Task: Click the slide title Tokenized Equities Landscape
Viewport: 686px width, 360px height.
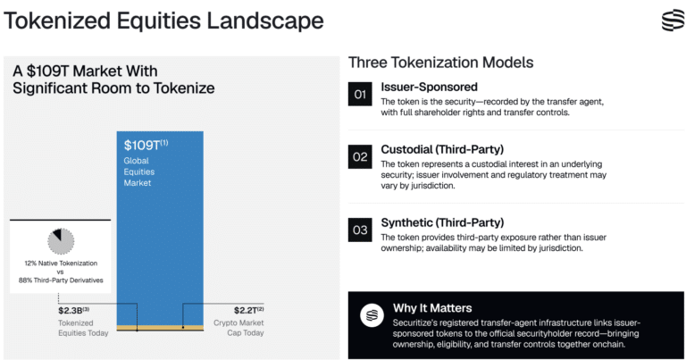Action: (x=163, y=21)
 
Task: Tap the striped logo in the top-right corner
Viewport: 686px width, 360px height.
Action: (x=673, y=21)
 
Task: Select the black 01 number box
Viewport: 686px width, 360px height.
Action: (x=360, y=94)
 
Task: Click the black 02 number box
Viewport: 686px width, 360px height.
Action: (x=360, y=156)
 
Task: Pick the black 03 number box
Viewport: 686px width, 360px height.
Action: (x=360, y=230)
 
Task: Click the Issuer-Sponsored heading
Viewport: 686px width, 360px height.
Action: (x=429, y=87)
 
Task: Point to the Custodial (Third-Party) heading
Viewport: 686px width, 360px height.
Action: (x=442, y=149)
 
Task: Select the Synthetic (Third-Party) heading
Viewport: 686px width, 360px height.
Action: (x=442, y=222)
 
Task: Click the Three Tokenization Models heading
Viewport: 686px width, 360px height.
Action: (x=440, y=63)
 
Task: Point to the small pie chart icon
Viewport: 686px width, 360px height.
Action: (x=61, y=241)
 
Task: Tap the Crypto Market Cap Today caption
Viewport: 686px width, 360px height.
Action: (x=238, y=328)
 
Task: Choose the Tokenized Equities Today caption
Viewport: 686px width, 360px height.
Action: (x=83, y=328)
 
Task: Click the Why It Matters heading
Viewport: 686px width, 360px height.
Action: (x=432, y=308)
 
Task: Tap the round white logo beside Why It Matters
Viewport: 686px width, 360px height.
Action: (x=372, y=315)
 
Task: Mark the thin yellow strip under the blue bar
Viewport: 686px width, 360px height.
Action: (x=160, y=328)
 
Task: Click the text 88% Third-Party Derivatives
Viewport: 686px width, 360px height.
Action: (x=61, y=280)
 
